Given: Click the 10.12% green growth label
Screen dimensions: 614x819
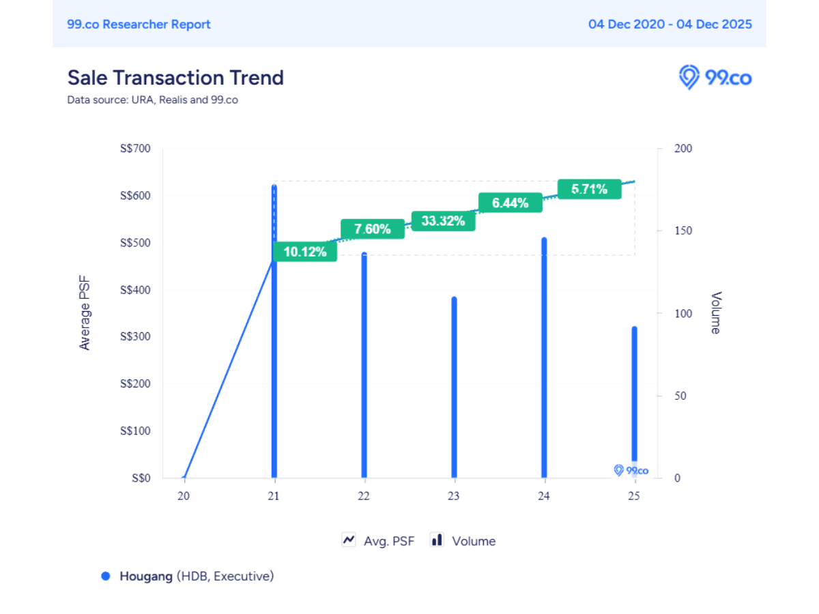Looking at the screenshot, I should click(305, 252).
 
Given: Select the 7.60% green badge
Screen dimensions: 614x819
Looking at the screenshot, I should click(373, 229).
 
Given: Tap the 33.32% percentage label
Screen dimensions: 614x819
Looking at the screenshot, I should click(443, 220).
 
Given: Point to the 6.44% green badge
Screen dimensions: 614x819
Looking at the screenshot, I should click(510, 203).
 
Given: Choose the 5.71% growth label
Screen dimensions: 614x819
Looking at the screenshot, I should click(589, 189).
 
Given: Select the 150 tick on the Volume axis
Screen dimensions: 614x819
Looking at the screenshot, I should click(683, 231).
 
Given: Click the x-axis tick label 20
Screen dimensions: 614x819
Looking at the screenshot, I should click(184, 496).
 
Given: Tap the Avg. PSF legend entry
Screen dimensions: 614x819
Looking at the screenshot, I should click(378, 541).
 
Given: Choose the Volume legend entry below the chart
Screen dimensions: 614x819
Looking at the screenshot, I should click(463, 541).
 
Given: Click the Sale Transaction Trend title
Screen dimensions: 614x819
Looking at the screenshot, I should click(175, 78).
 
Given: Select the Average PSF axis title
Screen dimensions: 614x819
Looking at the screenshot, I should click(85, 313).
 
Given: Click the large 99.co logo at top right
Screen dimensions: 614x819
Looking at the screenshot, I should click(715, 77).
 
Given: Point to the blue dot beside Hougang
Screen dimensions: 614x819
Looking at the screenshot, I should click(106, 576).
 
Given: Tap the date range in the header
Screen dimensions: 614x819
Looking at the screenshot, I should click(670, 25).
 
